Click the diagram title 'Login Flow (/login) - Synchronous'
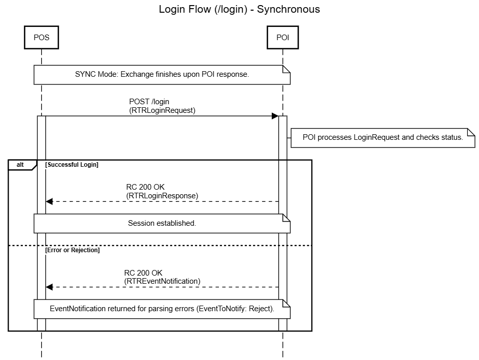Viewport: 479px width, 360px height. pyautogui.click(x=239, y=9)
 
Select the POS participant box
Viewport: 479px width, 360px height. pyautogui.click(x=41, y=37)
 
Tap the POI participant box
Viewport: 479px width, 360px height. pyautogui.click(x=282, y=37)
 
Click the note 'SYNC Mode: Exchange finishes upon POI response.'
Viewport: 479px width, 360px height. pyautogui.click(x=162, y=74)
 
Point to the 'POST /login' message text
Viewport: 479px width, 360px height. pyautogui.click(x=149, y=102)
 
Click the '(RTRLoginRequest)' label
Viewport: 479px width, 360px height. pyautogui.click(x=162, y=110)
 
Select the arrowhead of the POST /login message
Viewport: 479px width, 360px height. pyautogui.click(x=275, y=116)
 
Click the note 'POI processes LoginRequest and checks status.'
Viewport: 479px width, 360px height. pyautogui.click(x=382, y=137)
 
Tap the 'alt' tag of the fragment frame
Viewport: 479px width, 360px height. pyautogui.click(x=20, y=165)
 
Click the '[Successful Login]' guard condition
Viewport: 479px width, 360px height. pyautogui.click(x=72, y=165)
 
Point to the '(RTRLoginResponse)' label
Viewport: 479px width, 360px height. pyautogui.click(x=162, y=195)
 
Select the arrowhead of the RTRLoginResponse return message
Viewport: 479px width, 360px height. pyautogui.click(x=49, y=201)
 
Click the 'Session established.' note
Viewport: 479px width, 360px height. pyautogui.click(x=162, y=223)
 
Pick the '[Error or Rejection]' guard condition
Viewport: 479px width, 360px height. pyautogui.click(x=72, y=250)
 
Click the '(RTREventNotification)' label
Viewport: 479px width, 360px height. pyautogui.click(x=162, y=281)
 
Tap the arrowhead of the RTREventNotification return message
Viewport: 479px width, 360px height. pyautogui.click(x=49, y=287)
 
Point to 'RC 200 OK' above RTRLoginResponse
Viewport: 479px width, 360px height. pyautogui.click(x=145, y=187)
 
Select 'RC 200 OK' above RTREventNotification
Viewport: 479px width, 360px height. pyautogui.click(x=143, y=273)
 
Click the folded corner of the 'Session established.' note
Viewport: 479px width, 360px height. pyautogui.click(x=286, y=217)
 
